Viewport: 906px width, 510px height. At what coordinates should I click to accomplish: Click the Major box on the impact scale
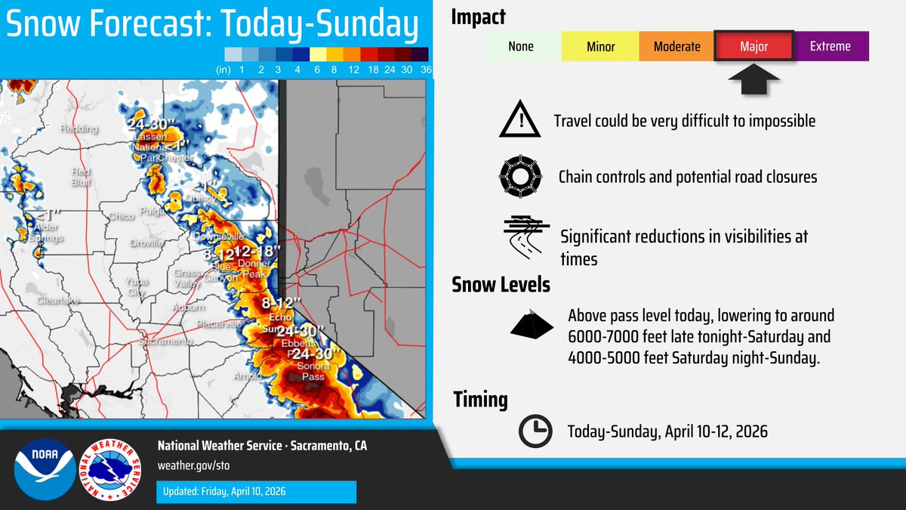[753, 46]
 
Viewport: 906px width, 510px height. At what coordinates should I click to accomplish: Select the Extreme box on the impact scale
[830, 46]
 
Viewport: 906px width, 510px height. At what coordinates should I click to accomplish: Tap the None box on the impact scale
[521, 46]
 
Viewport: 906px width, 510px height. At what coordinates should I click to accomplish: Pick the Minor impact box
[600, 46]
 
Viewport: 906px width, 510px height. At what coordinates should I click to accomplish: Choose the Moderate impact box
[676, 46]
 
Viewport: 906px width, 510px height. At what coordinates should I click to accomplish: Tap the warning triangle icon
[519, 121]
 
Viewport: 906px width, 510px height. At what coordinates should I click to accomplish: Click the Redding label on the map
[79, 129]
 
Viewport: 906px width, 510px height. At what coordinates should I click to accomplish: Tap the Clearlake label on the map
[57, 301]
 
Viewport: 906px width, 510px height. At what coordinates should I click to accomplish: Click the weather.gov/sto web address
[188, 465]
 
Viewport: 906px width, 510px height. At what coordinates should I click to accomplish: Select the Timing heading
[480, 400]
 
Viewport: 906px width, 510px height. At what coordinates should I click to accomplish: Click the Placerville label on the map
[218, 324]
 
